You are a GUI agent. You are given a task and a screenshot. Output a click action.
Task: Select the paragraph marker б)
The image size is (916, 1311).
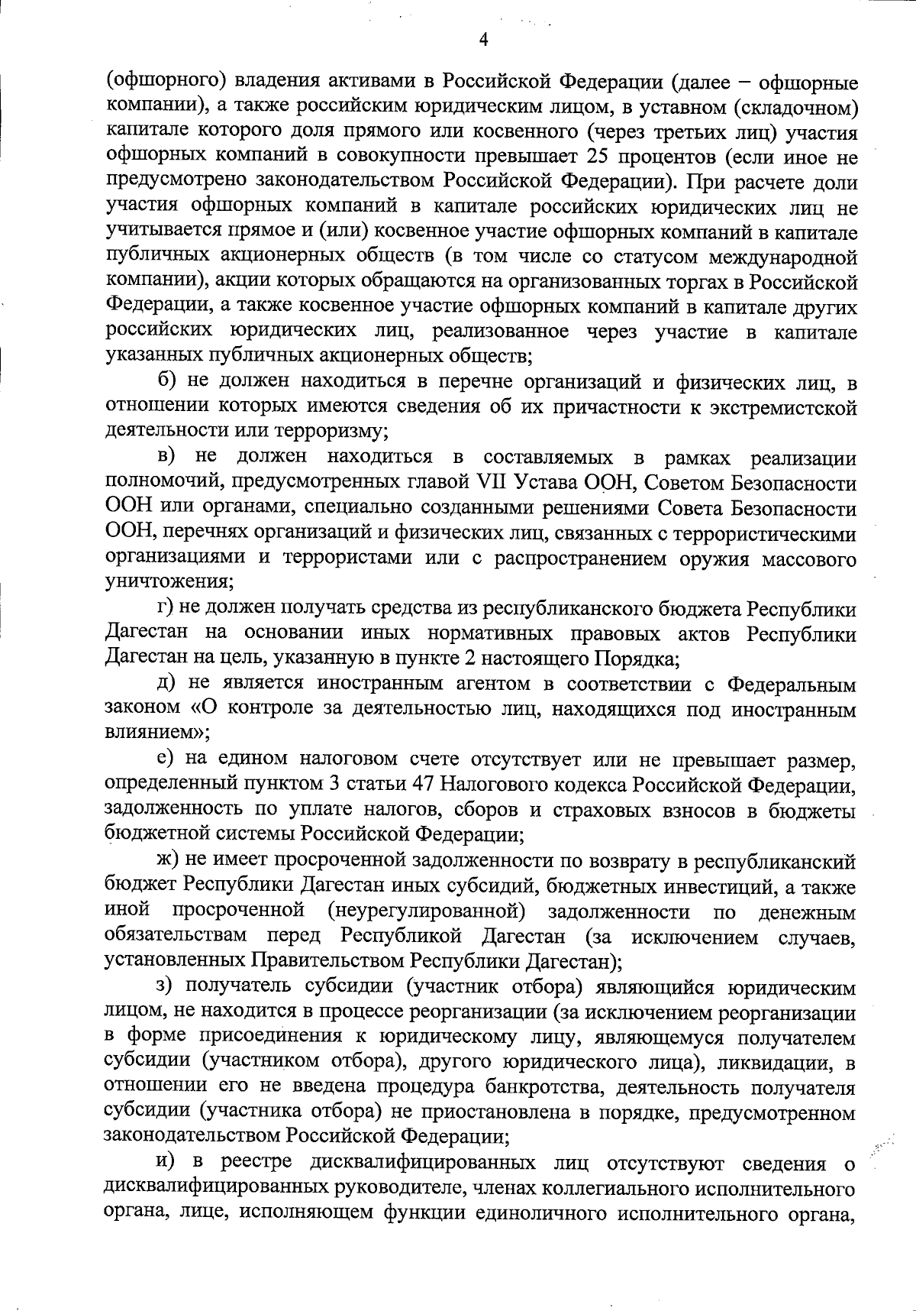(x=168, y=381)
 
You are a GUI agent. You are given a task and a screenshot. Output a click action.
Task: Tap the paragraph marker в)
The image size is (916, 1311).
(x=167, y=456)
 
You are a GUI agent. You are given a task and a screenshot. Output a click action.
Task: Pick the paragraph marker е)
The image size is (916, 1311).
(x=166, y=759)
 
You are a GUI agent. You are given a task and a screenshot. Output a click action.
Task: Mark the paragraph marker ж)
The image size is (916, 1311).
(x=169, y=861)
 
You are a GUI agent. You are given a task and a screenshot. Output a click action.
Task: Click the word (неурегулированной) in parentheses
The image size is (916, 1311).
(x=425, y=911)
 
